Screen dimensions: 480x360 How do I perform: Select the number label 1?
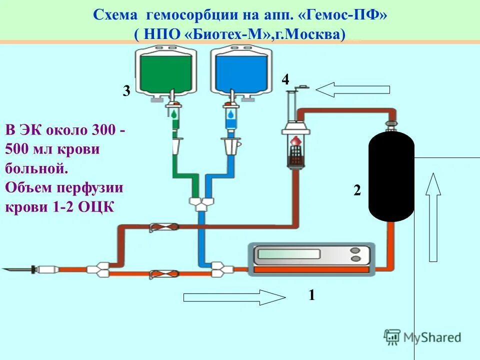311,295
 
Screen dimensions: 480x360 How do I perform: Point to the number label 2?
357,190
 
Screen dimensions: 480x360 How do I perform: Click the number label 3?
126,91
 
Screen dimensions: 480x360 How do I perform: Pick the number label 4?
285,79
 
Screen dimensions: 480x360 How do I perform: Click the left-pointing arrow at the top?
352,90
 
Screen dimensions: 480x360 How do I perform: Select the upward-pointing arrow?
433,215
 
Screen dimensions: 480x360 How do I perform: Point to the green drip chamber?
173,114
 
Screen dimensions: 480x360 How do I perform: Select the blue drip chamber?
230,114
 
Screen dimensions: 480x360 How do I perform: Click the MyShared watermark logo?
422,336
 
